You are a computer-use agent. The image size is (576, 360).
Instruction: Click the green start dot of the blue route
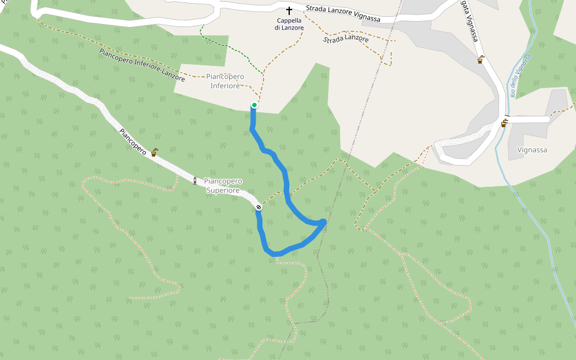point(254,106)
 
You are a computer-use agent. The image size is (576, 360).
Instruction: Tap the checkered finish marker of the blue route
point(259,207)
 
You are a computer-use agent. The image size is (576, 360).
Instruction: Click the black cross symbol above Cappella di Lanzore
point(289,11)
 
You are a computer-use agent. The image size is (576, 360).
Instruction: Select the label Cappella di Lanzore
point(290,24)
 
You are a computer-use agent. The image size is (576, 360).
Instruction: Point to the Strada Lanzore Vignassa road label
point(343,14)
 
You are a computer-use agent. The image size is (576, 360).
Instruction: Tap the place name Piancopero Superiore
point(223,185)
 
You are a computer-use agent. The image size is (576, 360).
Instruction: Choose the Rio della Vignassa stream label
point(520,76)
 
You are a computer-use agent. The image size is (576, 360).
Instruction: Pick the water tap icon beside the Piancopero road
point(154,152)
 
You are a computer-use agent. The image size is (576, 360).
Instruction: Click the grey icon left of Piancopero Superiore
point(195,180)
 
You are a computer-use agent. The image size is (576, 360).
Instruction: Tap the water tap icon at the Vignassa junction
point(504,124)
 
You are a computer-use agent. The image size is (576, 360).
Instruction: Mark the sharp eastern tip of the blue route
point(325,223)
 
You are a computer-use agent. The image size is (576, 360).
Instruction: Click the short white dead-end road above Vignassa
point(528,119)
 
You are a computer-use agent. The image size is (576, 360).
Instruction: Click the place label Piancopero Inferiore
point(225,81)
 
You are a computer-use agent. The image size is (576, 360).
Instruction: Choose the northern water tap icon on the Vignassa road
point(481,60)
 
